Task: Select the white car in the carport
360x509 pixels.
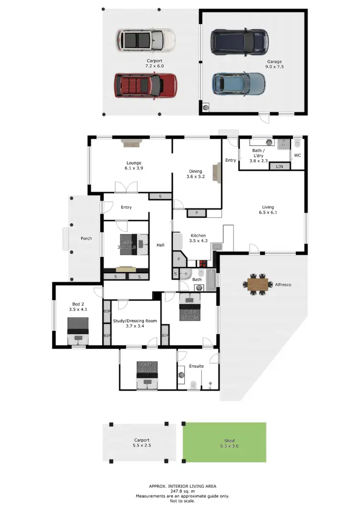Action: [x=145, y=40]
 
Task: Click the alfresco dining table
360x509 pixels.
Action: [x=259, y=284]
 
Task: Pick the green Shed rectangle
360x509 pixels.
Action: [x=224, y=442]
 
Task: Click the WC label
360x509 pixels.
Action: [x=298, y=156]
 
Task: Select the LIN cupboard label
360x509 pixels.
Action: [x=277, y=166]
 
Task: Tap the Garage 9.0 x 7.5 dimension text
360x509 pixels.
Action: [x=276, y=67]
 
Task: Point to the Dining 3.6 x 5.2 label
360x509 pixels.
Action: [x=195, y=174]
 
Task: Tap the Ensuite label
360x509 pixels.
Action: [x=196, y=366]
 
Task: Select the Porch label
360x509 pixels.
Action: [x=86, y=238]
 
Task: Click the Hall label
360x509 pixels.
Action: [x=160, y=245]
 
